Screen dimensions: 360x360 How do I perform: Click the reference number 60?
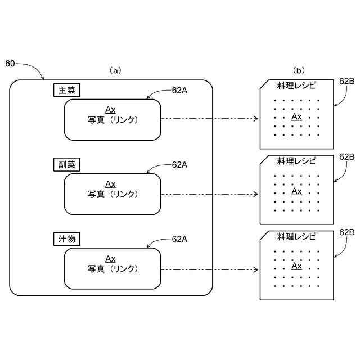point(10,64)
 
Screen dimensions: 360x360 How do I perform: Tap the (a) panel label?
point(115,70)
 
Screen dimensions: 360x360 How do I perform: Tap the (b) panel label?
point(299,70)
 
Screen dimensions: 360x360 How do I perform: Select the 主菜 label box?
point(66,90)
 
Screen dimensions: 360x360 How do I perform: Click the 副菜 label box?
point(66,164)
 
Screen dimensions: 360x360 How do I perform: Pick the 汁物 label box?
point(66,239)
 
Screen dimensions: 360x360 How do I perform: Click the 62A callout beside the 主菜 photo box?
point(179,91)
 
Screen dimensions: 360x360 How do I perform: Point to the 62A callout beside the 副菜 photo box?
point(179,165)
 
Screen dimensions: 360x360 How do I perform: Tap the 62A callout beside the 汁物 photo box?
point(179,239)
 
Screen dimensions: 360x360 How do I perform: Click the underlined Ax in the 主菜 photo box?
point(110,110)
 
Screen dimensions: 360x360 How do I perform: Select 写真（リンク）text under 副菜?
point(112,194)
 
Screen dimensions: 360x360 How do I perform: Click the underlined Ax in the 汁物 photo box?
point(110,259)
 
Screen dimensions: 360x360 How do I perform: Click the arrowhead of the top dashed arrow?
point(256,119)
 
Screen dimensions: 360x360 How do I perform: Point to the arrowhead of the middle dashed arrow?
point(256,194)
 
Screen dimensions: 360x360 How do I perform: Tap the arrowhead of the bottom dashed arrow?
point(256,269)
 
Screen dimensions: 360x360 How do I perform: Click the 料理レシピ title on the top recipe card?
point(296,85)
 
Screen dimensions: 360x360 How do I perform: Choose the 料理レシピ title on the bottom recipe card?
point(296,236)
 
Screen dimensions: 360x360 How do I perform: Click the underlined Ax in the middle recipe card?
point(296,191)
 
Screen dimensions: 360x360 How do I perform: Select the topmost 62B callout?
point(347,81)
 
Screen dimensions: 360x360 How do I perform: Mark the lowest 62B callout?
point(347,232)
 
